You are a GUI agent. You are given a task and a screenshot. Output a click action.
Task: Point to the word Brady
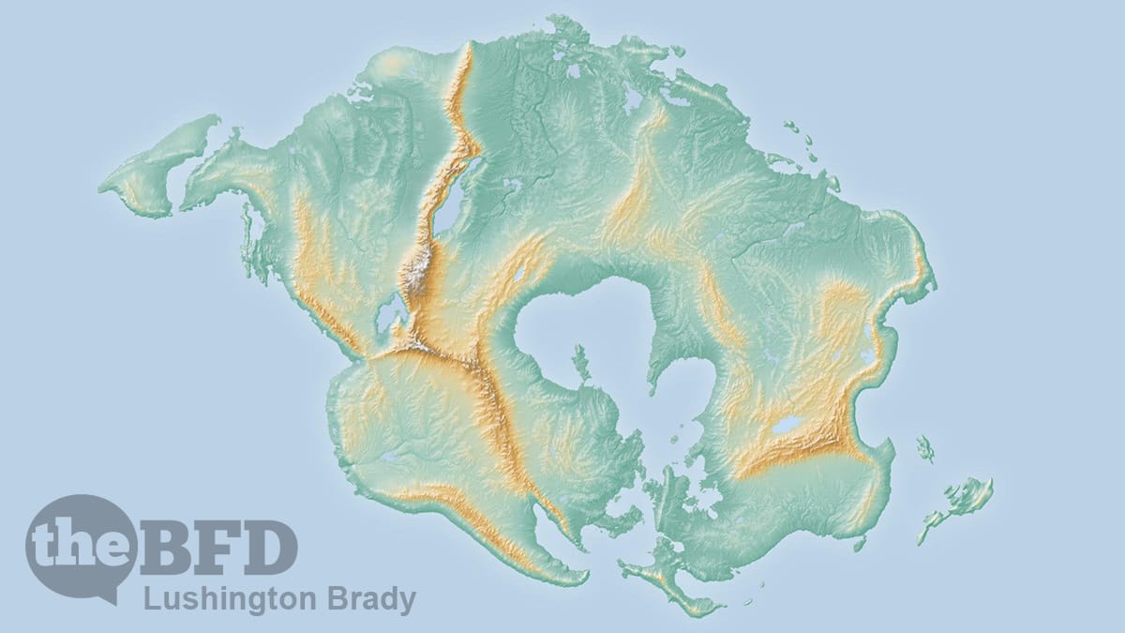[x=369, y=599]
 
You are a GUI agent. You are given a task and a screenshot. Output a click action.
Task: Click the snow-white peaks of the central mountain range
[x=415, y=272]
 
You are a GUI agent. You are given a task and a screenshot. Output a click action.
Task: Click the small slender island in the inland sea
[x=581, y=362]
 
